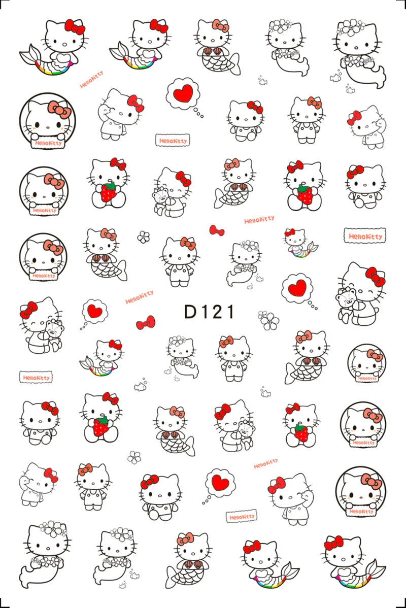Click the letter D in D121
[191, 312]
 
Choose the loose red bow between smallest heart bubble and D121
[146, 322]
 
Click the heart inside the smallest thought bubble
[93, 311]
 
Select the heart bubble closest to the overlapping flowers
[298, 290]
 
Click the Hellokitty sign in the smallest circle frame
[366, 378]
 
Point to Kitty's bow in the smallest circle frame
[375, 355]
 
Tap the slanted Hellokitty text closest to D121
[139, 297]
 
